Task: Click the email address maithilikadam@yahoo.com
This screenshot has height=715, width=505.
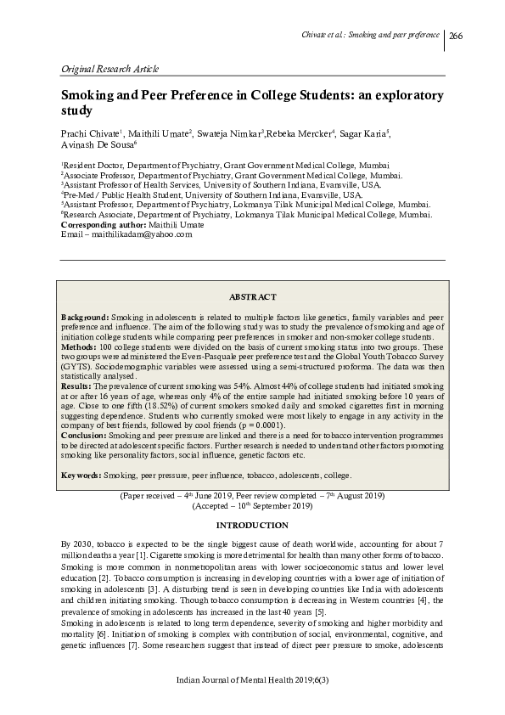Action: [x=140, y=234]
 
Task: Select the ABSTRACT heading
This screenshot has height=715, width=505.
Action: [x=252, y=296]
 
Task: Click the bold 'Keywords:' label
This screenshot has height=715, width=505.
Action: [x=81, y=475]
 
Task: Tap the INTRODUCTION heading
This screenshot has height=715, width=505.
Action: [x=252, y=526]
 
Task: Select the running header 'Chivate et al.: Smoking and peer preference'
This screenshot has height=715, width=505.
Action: [x=371, y=35]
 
